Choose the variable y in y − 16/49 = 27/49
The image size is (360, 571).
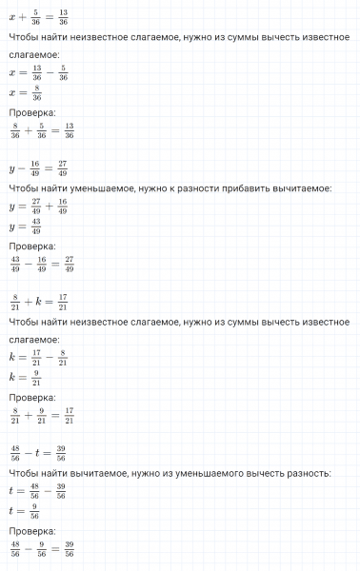point(10,169)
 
